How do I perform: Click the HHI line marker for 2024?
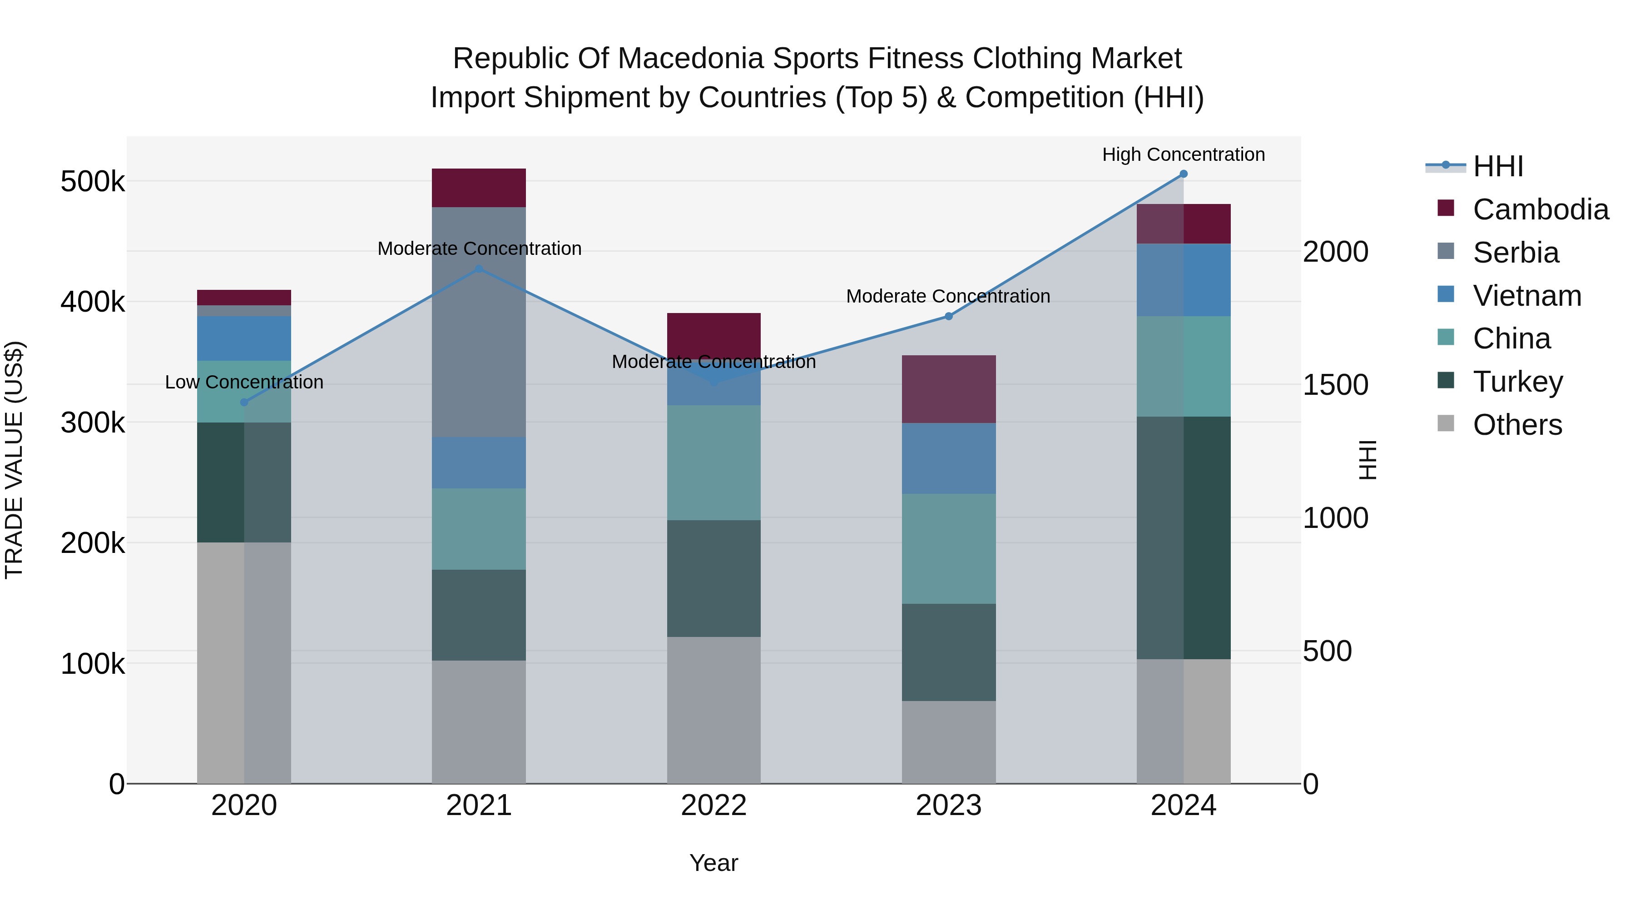[x=1183, y=174]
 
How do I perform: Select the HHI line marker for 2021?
[x=479, y=269]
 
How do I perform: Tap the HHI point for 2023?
[x=948, y=316]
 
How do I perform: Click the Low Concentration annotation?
[x=244, y=382]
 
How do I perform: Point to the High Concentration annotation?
[x=1183, y=155]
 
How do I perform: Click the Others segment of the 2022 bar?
[x=713, y=710]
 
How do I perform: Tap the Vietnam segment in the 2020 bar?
[x=244, y=338]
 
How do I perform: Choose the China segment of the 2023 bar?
[x=948, y=548]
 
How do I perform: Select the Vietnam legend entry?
[x=1526, y=296]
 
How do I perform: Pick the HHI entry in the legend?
[x=1497, y=166]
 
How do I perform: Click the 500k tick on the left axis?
[x=93, y=182]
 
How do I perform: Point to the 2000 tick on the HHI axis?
[x=1335, y=252]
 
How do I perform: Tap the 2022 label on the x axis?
[x=713, y=806]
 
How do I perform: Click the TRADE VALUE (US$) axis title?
[x=14, y=460]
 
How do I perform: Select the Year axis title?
[x=713, y=863]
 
